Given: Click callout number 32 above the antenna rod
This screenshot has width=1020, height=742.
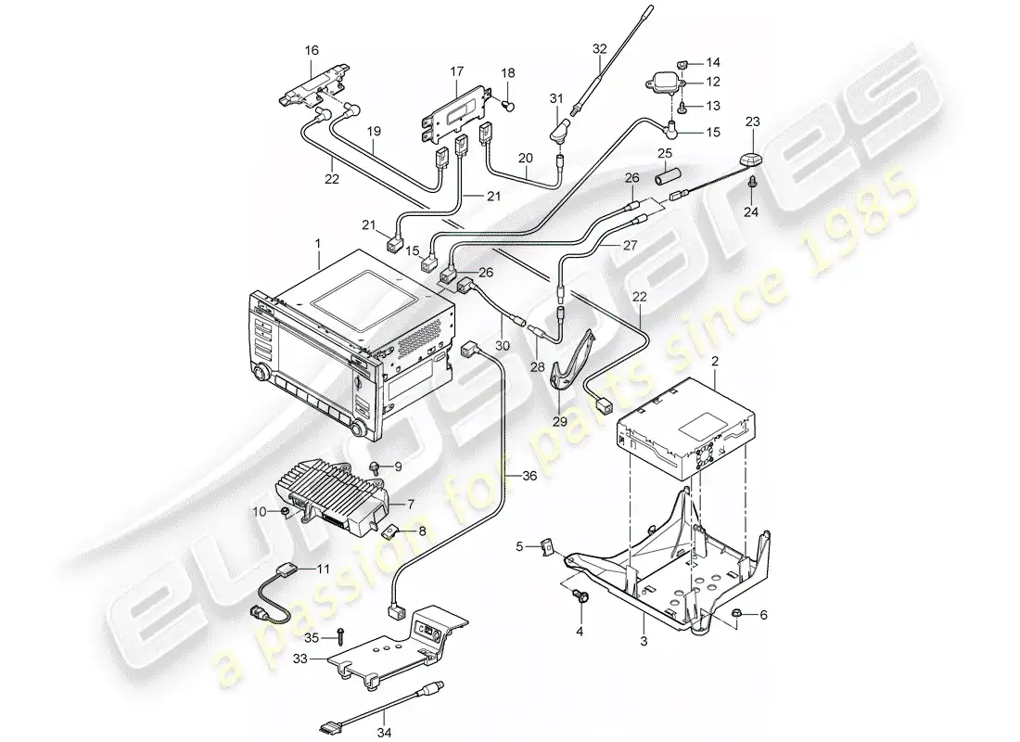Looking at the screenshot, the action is click(599, 48).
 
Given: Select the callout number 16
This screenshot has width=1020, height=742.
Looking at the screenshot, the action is click(312, 50).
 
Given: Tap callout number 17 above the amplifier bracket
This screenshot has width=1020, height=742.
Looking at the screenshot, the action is click(456, 70).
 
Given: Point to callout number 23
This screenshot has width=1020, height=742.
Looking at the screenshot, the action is click(753, 122).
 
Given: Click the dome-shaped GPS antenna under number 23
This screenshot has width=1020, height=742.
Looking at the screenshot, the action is click(752, 160).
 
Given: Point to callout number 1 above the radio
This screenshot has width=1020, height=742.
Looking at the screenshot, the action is click(318, 243).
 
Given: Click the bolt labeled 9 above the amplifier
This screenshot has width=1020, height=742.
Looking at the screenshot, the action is click(375, 467).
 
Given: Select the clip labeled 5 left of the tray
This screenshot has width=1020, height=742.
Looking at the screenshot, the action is click(547, 546).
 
